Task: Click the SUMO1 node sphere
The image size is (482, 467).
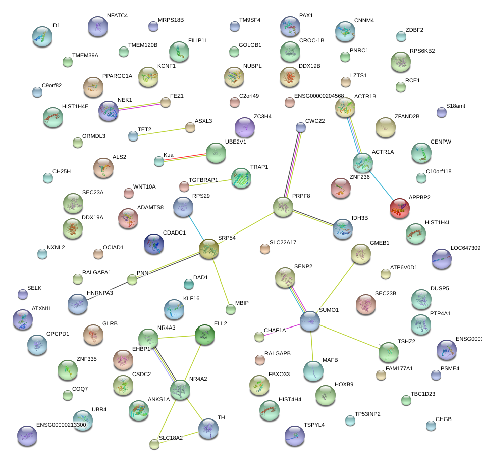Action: (x=310, y=321)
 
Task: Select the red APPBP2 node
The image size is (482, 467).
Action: (x=400, y=208)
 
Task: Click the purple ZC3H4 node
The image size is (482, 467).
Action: (x=245, y=127)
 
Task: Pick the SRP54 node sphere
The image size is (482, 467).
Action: (x=209, y=249)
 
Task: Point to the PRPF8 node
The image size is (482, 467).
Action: (x=283, y=207)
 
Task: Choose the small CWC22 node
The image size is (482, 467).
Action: (x=301, y=127)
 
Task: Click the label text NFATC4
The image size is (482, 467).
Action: (x=117, y=15)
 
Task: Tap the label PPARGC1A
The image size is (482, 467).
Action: (x=117, y=76)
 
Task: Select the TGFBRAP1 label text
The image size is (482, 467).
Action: (x=203, y=180)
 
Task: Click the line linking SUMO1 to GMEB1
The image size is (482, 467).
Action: (x=334, y=289)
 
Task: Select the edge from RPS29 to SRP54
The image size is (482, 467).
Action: (x=196, y=227)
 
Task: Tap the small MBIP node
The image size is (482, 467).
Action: (x=230, y=309)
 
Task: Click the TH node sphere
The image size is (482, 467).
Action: (x=208, y=428)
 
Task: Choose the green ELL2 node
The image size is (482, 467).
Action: (x=205, y=334)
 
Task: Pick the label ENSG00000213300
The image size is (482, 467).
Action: (x=61, y=425)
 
